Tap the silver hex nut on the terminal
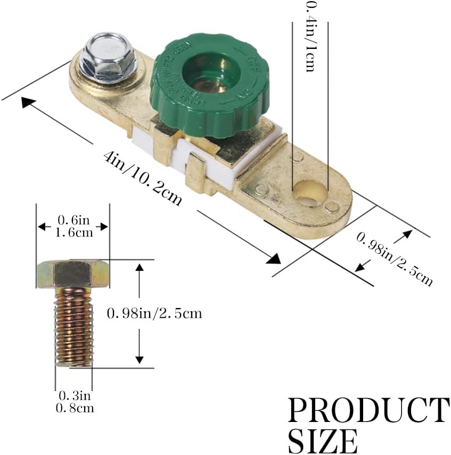(x=108, y=58)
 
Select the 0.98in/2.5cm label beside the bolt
(x=154, y=313)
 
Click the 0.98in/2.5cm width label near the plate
(x=394, y=259)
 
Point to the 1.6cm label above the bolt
(x=72, y=232)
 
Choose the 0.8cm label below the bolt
(x=74, y=408)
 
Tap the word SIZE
(x=323, y=441)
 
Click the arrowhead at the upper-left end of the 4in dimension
(x=28, y=101)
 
